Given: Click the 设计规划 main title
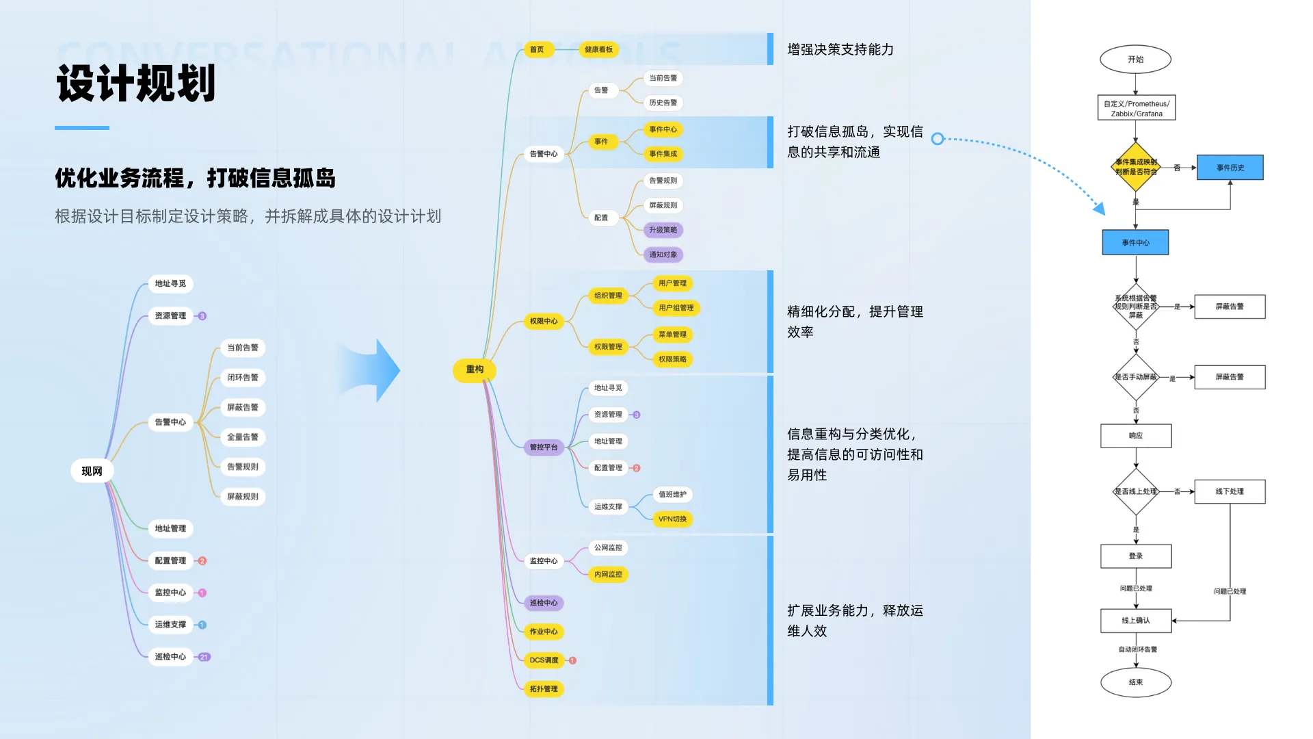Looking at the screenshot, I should click(136, 83).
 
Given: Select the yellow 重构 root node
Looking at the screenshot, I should click(475, 369).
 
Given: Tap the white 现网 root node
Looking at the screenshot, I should click(92, 471).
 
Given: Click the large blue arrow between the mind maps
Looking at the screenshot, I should click(373, 370).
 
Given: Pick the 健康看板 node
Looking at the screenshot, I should click(598, 49).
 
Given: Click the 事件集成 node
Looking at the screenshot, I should click(663, 154).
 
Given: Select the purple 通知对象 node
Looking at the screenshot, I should click(663, 255).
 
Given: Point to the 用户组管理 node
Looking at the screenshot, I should click(676, 308).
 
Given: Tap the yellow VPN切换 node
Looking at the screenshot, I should click(672, 519).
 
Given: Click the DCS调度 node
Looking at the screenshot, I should click(544, 660).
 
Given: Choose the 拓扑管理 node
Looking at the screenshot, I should click(544, 689).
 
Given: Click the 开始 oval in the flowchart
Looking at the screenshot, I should click(1135, 60).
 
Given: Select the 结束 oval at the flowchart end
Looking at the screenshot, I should click(1135, 682).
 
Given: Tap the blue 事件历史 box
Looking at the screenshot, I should click(1230, 168).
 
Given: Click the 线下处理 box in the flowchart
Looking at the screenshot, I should click(1230, 491).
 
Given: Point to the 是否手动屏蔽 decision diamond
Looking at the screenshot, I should click(1135, 377).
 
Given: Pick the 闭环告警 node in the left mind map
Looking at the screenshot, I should click(242, 378).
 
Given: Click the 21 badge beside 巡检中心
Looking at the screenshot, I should click(204, 657).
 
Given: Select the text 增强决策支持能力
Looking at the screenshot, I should click(840, 49).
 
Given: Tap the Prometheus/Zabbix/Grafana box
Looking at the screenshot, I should click(1136, 108).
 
